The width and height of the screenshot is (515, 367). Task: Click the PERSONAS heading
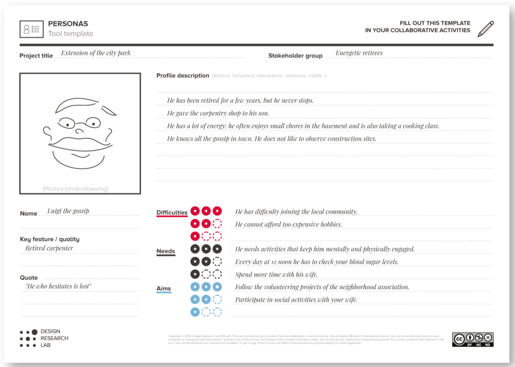pos(68,24)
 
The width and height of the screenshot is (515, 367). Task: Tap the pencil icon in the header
pos(485,29)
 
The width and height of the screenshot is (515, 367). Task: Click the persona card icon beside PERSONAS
pos(31,29)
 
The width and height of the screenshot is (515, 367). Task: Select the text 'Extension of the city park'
pos(96,53)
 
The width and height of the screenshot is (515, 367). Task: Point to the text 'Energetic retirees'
pos(359,53)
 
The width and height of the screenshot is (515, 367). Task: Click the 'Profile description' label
pos(183,76)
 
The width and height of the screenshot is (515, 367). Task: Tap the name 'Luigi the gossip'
pos(68,211)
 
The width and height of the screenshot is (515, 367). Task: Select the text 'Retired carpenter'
pos(49,248)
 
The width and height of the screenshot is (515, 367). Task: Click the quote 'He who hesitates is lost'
pos(58,286)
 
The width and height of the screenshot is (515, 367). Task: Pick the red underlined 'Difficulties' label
pos(172,213)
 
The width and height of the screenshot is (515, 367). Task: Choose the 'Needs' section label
pos(165,251)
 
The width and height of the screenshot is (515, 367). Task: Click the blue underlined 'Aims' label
pos(164,288)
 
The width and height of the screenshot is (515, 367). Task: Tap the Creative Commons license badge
pos(472,339)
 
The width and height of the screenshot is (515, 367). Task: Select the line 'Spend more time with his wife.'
pos(277,275)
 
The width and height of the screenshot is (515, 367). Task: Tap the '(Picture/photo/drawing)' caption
pos(75,189)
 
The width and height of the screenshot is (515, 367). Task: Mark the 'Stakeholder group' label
pos(295,56)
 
